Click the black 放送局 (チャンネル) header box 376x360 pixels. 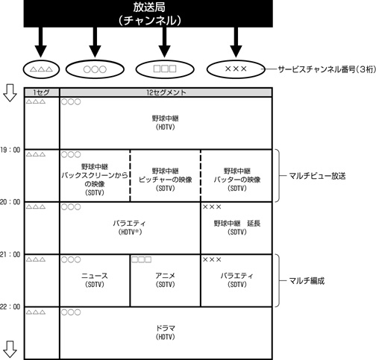coord(148,13)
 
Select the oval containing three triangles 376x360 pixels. coord(41,69)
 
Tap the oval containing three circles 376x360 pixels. coord(95,69)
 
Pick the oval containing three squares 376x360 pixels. coord(165,69)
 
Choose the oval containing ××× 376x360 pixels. coord(236,69)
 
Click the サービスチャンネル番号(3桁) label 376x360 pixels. coord(327,69)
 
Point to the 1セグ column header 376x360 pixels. coord(42,92)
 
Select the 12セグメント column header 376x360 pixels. coord(166,92)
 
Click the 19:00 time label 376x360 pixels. coord(10,150)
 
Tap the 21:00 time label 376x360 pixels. coord(10,255)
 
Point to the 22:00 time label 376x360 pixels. coord(10,307)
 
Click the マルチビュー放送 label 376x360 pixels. coord(317,176)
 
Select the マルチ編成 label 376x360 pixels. coord(307,281)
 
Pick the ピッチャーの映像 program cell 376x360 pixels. coord(166,176)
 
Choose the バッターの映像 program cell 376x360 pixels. coord(236,176)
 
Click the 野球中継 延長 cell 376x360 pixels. coord(236,228)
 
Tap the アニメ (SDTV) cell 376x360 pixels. coord(166,280)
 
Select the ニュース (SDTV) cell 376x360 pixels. coord(95,280)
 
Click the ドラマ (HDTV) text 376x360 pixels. coord(166,332)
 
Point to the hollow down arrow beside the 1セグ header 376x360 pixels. coord(10,92)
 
